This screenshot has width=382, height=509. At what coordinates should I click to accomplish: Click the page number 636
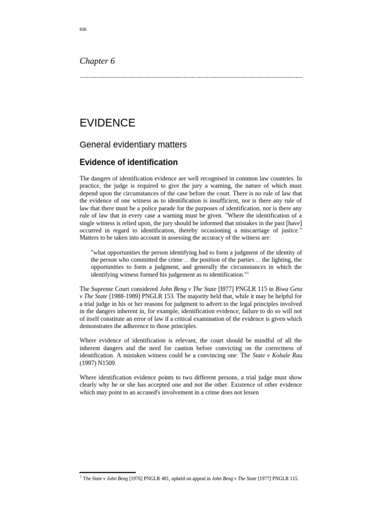tap(83, 29)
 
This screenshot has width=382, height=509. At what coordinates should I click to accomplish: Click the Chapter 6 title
tap(97, 61)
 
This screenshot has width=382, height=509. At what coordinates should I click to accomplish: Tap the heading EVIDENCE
tap(107, 123)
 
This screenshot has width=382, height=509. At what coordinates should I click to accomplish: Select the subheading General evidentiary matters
tap(133, 145)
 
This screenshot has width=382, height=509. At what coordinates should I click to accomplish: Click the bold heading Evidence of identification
tap(128, 163)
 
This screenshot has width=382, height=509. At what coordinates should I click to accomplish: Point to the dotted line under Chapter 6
tap(191, 77)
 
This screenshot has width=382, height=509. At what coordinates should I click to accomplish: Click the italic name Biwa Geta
tap(288, 289)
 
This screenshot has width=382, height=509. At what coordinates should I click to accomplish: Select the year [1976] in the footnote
tap(137, 479)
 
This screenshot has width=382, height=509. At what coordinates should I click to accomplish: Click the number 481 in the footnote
tap(168, 479)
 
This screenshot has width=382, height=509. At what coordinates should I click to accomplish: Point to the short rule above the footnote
tap(107, 472)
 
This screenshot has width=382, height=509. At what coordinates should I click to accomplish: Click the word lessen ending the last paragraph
tap(250, 392)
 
